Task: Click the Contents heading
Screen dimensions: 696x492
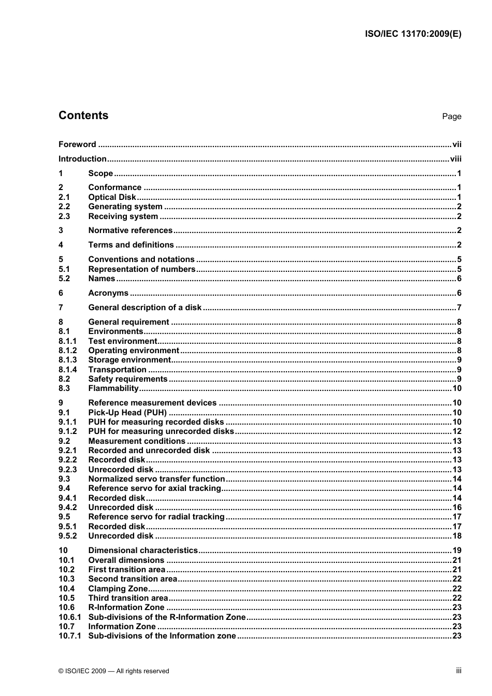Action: (x=83, y=115)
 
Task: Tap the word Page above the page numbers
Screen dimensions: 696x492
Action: (x=451, y=117)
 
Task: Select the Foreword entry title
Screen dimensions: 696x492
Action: (x=77, y=144)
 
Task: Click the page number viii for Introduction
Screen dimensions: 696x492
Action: (x=455, y=159)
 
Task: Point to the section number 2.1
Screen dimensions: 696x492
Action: (x=64, y=197)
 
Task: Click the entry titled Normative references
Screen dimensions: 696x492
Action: (x=130, y=230)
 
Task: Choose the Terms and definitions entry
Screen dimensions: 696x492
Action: (x=131, y=245)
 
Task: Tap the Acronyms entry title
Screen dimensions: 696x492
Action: (x=108, y=293)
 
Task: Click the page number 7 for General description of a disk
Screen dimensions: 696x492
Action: (x=459, y=308)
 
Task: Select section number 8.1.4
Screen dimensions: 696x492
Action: (x=67, y=370)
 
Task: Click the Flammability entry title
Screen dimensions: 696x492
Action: (x=113, y=388)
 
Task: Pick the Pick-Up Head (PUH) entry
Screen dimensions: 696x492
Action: (x=127, y=413)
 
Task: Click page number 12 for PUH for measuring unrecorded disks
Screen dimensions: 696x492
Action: (x=457, y=431)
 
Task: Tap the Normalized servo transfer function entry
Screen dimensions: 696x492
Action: (x=156, y=479)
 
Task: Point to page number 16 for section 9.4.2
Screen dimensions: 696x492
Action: (x=457, y=508)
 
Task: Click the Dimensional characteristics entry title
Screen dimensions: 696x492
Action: (x=143, y=550)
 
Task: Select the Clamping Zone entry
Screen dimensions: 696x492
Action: (x=118, y=589)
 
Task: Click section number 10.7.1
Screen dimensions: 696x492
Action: (x=69, y=636)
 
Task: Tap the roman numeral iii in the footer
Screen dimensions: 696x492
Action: (x=458, y=671)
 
